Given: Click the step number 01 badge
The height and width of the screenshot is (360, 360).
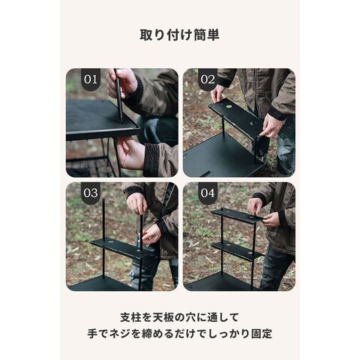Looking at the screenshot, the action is (91, 79).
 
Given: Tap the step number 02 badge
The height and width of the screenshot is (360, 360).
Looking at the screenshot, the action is (208, 79).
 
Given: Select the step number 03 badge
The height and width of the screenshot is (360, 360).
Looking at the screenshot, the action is (91, 193).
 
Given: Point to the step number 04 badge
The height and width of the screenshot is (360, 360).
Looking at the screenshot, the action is (208, 193).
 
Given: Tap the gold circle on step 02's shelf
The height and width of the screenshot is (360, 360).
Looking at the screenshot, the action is (229, 106).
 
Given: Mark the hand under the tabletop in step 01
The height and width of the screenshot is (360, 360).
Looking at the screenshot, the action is (130, 152).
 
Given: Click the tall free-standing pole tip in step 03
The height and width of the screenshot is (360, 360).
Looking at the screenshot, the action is (103, 199).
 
